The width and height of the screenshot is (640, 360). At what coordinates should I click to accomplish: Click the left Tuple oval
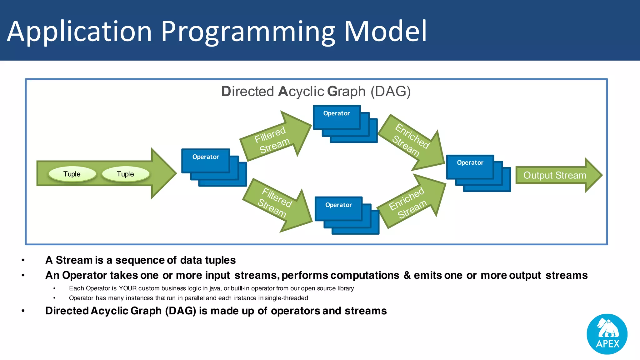(72, 174)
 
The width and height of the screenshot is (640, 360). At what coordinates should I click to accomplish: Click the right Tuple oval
(126, 174)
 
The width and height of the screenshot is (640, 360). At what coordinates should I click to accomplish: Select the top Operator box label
(337, 113)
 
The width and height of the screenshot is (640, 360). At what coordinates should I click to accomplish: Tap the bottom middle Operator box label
(338, 205)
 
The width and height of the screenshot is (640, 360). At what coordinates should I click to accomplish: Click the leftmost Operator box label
(206, 157)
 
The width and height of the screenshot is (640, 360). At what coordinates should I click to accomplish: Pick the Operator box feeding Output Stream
(470, 163)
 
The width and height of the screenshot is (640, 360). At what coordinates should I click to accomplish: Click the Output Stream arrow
(555, 175)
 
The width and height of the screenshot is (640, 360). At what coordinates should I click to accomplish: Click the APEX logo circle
(607, 334)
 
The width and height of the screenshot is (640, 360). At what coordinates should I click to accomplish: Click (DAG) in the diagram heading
(391, 92)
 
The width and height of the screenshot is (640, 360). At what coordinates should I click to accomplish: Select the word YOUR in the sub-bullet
(127, 288)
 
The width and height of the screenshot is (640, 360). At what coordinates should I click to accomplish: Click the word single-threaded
(286, 298)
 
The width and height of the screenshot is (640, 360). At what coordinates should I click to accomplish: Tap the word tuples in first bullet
(220, 260)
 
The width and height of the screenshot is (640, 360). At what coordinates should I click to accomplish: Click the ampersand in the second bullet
(407, 275)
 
